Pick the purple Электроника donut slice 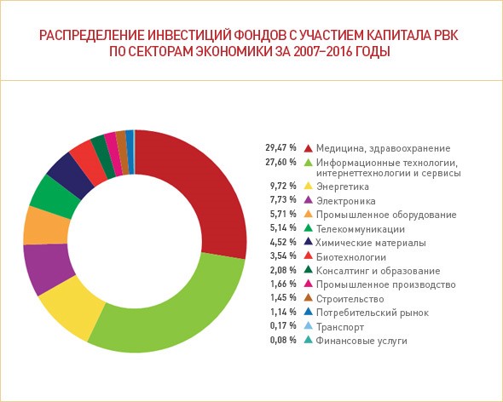pyautogui.click(x=47, y=267)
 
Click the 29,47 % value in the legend pyautogui.click(x=280, y=148)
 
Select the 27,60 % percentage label pyautogui.click(x=280, y=162)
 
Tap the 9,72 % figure pyautogui.click(x=283, y=186)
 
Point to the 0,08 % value pyautogui.click(x=283, y=340)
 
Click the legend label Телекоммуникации pyautogui.click(x=361, y=229)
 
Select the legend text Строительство pyautogui.click(x=350, y=299)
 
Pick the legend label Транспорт pyautogui.click(x=340, y=327)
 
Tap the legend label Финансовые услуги pyautogui.click(x=361, y=341)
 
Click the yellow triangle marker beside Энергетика pyautogui.click(x=309, y=186)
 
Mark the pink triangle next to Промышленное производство pyautogui.click(x=309, y=284)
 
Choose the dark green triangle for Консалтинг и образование pyautogui.click(x=309, y=270)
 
